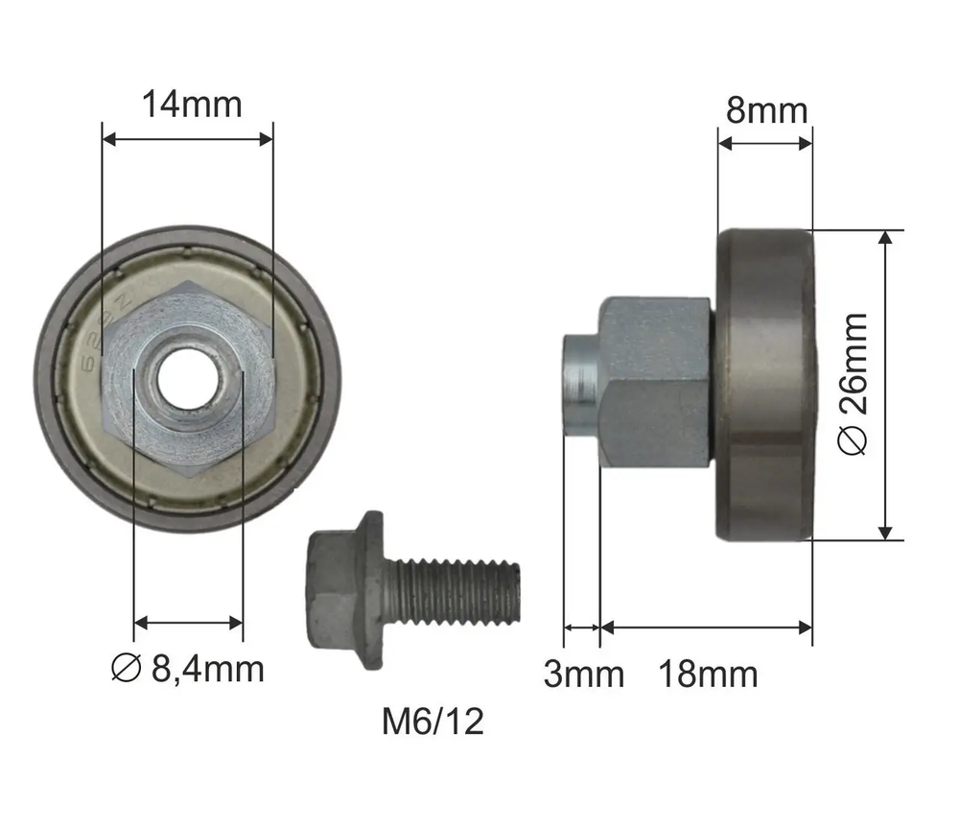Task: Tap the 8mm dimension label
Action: [767, 110]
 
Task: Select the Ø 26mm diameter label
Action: [853, 384]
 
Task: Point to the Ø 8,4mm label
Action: [188, 669]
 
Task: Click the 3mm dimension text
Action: [583, 674]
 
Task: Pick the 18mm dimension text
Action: [708, 674]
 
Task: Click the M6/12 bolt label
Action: [433, 721]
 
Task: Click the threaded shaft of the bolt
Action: [453, 591]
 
